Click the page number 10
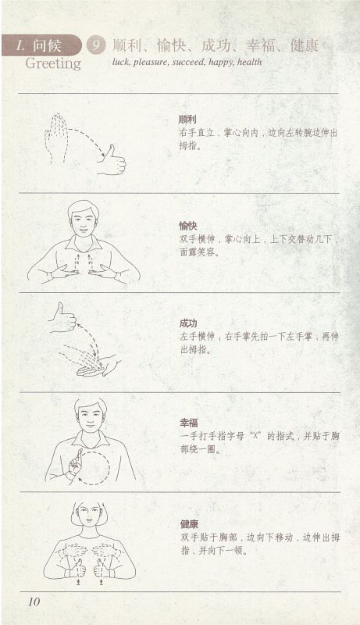(34, 602)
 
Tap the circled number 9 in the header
(96, 45)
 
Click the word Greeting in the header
(53, 64)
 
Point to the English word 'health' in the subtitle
(250, 62)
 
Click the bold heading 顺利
(187, 119)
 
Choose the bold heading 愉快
(187, 226)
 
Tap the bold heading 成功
(188, 323)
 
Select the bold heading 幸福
(189, 423)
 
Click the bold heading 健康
(189, 523)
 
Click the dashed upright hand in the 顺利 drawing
(56, 137)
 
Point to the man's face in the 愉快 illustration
(84, 220)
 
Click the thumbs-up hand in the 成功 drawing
(63, 318)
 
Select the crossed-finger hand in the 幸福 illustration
(75, 462)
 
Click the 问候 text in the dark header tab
(47, 45)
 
